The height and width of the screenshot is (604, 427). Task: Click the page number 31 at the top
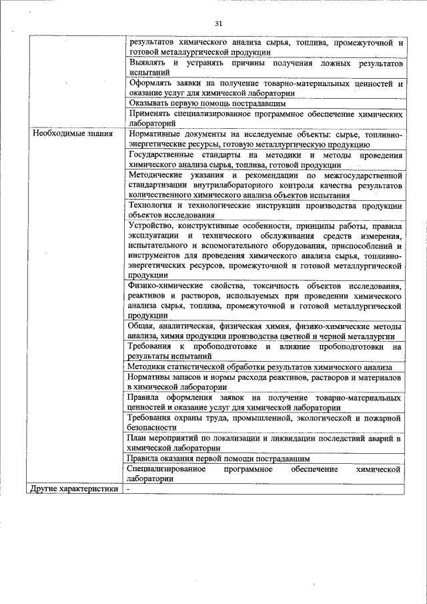point(218,24)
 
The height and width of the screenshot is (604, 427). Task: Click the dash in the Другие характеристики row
point(129,489)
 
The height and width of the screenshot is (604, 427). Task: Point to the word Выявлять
point(142,63)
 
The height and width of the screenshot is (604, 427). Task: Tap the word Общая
point(140,326)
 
